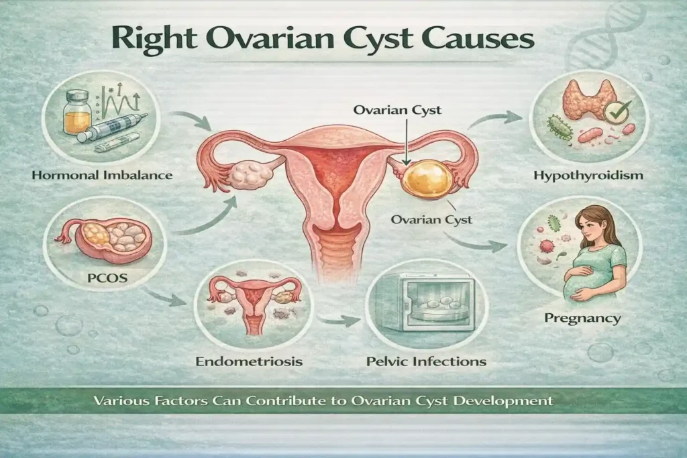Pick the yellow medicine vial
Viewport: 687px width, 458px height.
76,114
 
